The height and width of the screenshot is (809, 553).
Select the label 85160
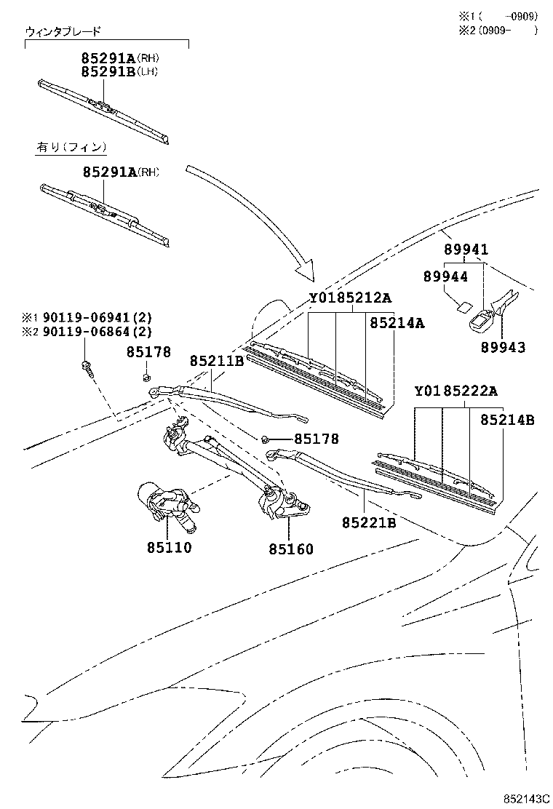(289, 549)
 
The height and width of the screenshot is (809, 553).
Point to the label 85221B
(369, 522)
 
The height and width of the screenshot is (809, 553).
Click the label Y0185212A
(350, 298)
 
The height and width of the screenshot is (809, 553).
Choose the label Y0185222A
(456, 391)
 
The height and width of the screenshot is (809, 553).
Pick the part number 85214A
(396, 323)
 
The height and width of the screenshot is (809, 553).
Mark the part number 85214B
(506, 420)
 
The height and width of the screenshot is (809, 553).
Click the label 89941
(466, 250)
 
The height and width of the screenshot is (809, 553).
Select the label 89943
(502, 347)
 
